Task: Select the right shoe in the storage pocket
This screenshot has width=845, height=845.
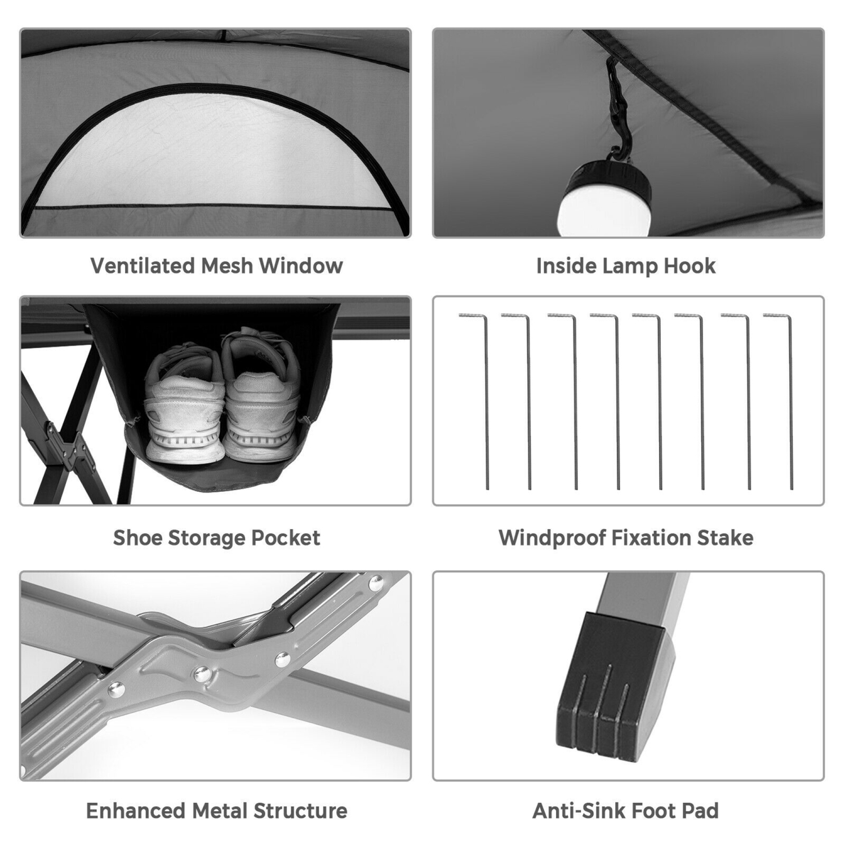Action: (259, 397)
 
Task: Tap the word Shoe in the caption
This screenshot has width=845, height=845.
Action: (137, 538)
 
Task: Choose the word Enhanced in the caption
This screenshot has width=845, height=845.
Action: (136, 811)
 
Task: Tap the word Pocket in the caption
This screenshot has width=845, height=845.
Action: (285, 538)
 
